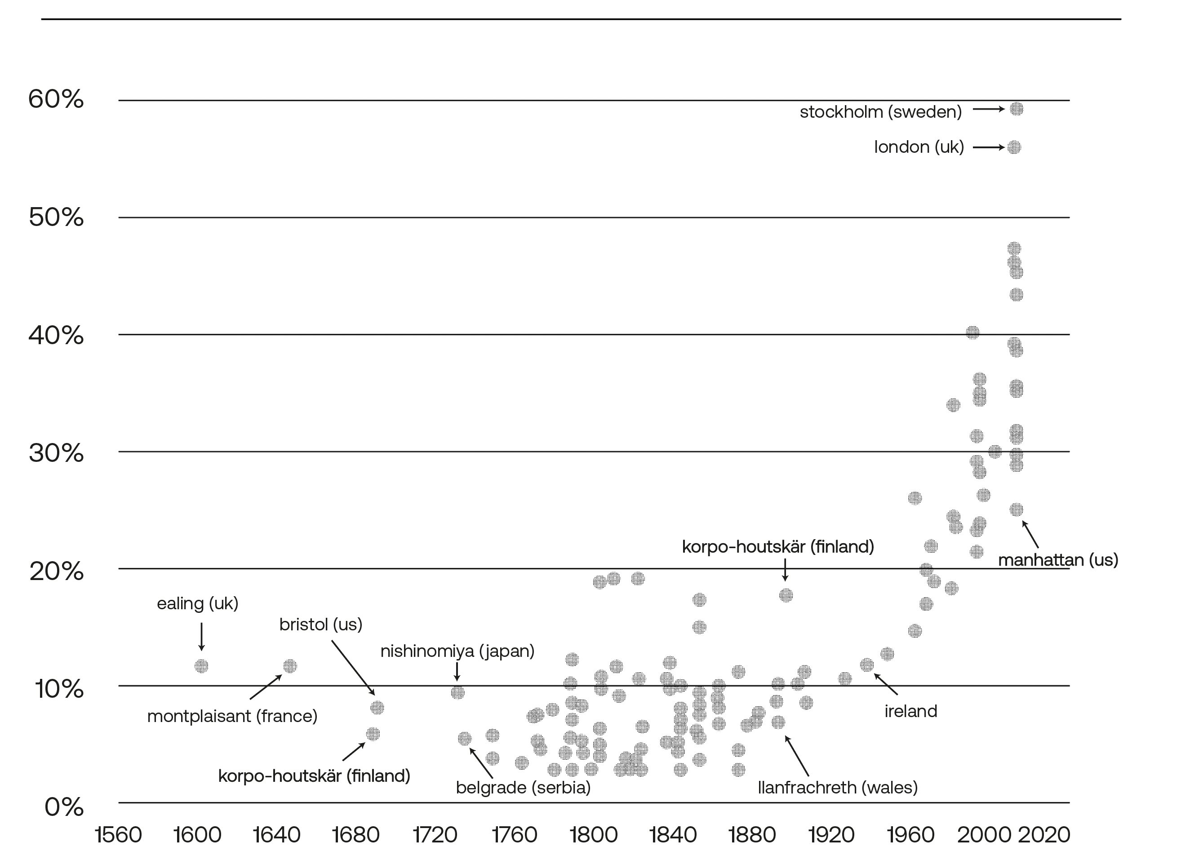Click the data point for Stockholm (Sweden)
coord(1016,109)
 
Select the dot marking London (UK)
coord(1014,147)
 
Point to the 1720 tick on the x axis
coord(435,835)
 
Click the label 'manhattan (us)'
coord(1057,560)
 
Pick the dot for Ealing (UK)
coord(201,666)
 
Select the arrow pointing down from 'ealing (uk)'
coord(201,637)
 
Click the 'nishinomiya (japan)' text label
coord(457,651)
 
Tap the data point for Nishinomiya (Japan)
coord(457,692)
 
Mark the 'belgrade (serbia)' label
coord(523,788)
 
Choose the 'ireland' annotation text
coord(910,711)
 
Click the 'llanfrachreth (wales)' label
coord(837,788)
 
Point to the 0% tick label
coord(64,807)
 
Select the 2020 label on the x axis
coord(1044,835)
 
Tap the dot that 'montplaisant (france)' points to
coord(290,666)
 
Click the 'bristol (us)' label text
coord(320,625)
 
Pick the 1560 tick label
coord(119,835)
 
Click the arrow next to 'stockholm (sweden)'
coord(988,109)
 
